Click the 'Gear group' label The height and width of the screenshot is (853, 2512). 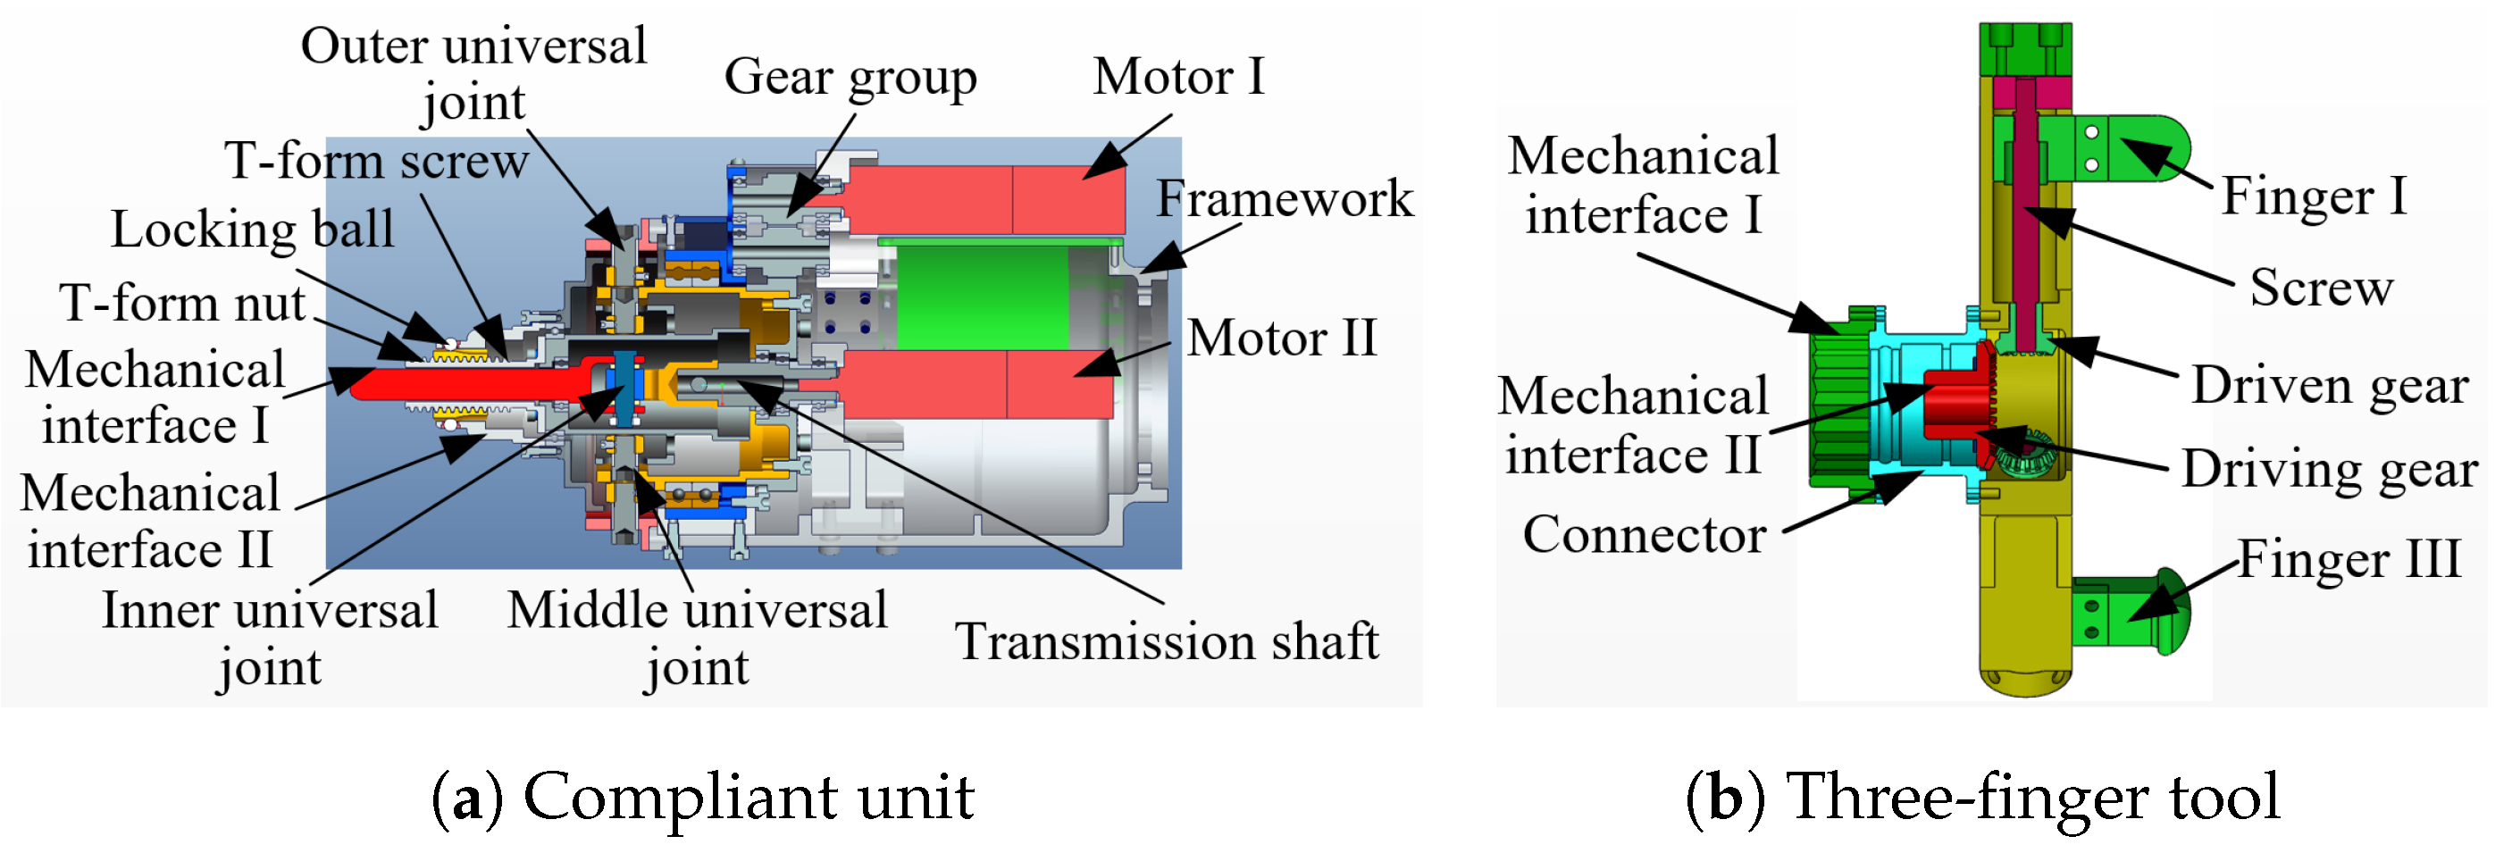(850, 77)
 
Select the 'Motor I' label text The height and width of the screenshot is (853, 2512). (1179, 76)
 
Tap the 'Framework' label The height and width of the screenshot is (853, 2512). (1285, 199)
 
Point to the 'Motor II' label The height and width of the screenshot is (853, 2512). (1281, 339)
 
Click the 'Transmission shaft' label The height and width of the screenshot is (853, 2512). (1167, 641)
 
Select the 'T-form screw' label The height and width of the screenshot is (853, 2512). (376, 161)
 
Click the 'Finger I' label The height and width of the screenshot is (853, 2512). (2313, 196)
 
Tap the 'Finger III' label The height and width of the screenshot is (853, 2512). (2349, 559)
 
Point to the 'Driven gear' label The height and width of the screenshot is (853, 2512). (2330, 385)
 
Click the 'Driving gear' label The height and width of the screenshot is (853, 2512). (2329, 469)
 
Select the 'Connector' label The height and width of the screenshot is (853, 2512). (1644, 534)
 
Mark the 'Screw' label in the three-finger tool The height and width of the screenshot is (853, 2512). (2321, 288)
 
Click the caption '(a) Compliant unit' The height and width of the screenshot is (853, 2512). (702, 797)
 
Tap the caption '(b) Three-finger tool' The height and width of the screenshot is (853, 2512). (1982, 797)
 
